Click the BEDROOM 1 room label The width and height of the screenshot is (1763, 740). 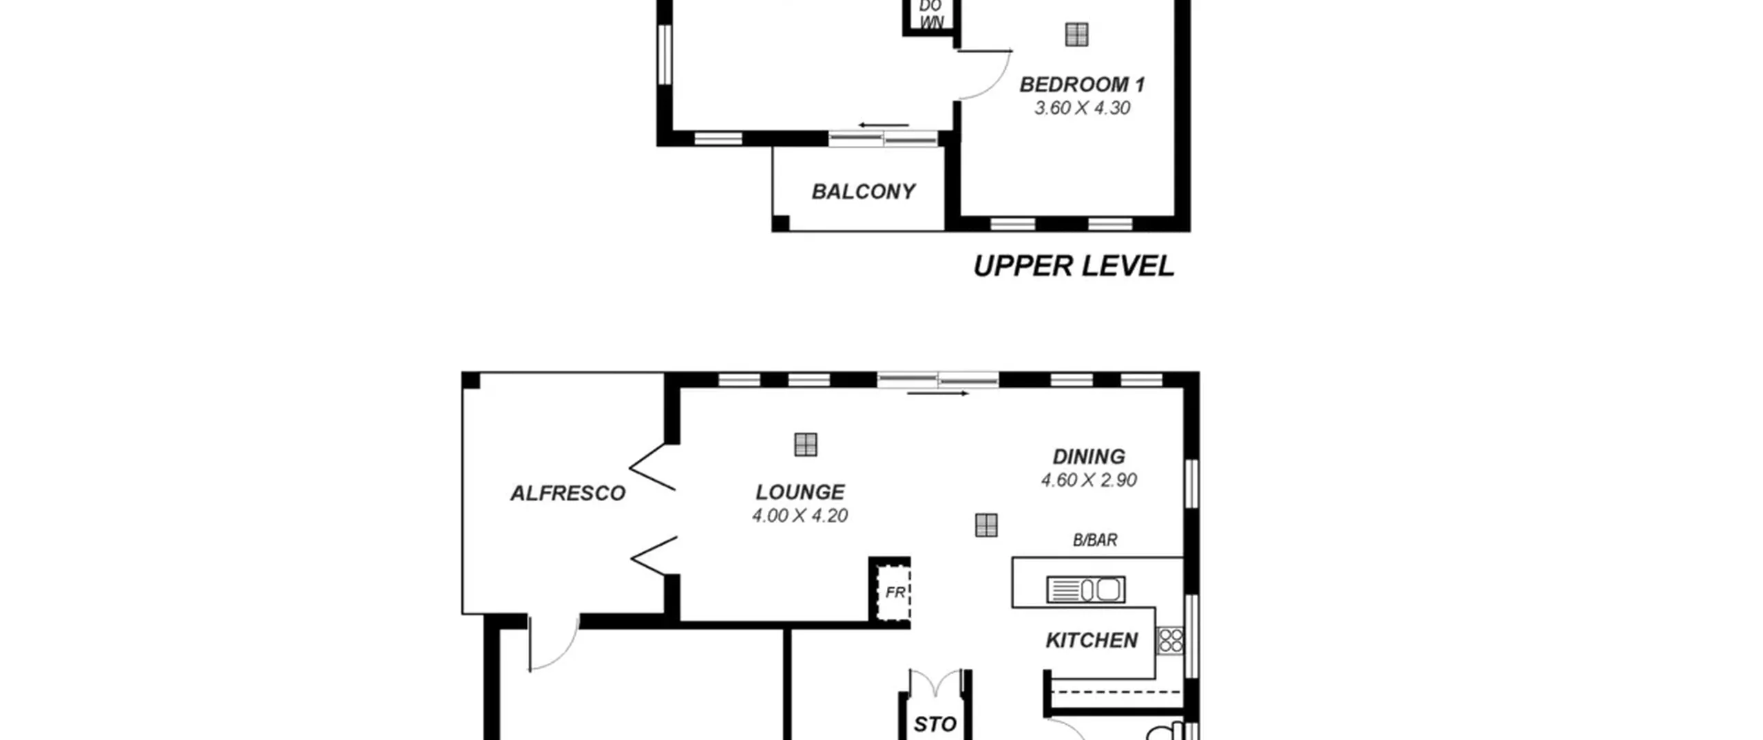coord(1082,85)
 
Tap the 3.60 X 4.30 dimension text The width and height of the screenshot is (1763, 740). coord(1082,108)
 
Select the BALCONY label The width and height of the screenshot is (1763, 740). coord(864,191)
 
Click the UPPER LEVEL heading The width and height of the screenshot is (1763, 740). coord(1074,266)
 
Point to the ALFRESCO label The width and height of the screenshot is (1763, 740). coord(567,493)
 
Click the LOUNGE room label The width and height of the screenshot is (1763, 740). coord(800,492)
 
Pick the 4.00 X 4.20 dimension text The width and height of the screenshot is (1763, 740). coord(800,516)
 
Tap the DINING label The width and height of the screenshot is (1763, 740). coord(1089,456)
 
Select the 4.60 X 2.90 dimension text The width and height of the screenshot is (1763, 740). coord(1089,480)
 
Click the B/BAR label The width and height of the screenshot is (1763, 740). coord(1095,540)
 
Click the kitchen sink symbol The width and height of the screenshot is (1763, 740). coord(1086,590)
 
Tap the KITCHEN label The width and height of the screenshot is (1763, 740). coord(1092,641)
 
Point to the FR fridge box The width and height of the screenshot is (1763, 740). coord(893,592)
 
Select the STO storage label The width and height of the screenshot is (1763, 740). coord(935,724)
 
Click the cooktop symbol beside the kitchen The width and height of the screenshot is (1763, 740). coord(1170,640)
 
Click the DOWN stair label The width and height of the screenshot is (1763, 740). coord(931,14)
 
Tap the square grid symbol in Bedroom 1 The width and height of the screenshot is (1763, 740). coord(1076,34)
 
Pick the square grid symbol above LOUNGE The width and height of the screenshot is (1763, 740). coord(806,445)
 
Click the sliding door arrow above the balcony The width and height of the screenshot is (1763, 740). coord(884,125)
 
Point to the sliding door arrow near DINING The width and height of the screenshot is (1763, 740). coord(938,394)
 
